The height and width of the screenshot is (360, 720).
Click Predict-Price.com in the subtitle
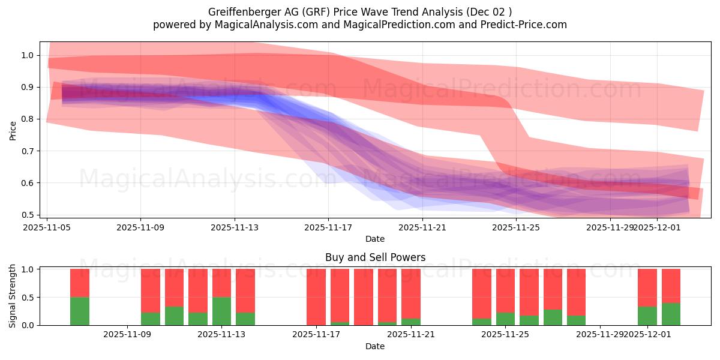[x=520, y=25]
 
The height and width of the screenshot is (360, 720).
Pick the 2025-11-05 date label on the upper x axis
[x=47, y=227]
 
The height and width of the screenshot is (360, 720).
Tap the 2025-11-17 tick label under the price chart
[x=328, y=227]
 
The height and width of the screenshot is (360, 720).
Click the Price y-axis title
[x=13, y=130]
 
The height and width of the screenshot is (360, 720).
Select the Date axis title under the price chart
[x=375, y=239]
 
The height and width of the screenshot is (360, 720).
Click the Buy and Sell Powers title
[x=375, y=257]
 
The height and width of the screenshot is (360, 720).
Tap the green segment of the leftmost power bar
[x=80, y=311]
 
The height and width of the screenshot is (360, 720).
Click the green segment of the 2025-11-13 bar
[x=221, y=311]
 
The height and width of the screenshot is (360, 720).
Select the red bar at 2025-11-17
[x=316, y=296]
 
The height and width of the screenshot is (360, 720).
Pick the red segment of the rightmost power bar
[x=671, y=286]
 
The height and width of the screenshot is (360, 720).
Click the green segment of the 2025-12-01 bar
[x=647, y=316]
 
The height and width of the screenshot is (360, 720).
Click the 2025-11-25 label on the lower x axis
[x=505, y=334]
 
